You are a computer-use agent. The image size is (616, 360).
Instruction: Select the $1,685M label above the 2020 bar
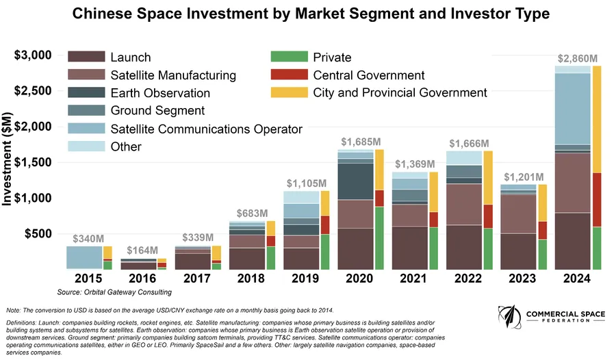[360, 142]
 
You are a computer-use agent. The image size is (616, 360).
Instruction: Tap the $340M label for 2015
[89, 238]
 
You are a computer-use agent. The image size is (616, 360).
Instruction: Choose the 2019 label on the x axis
[306, 279]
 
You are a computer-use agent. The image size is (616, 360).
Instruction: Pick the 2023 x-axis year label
[524, 279]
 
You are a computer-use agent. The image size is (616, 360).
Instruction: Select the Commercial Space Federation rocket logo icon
[507, 320]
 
